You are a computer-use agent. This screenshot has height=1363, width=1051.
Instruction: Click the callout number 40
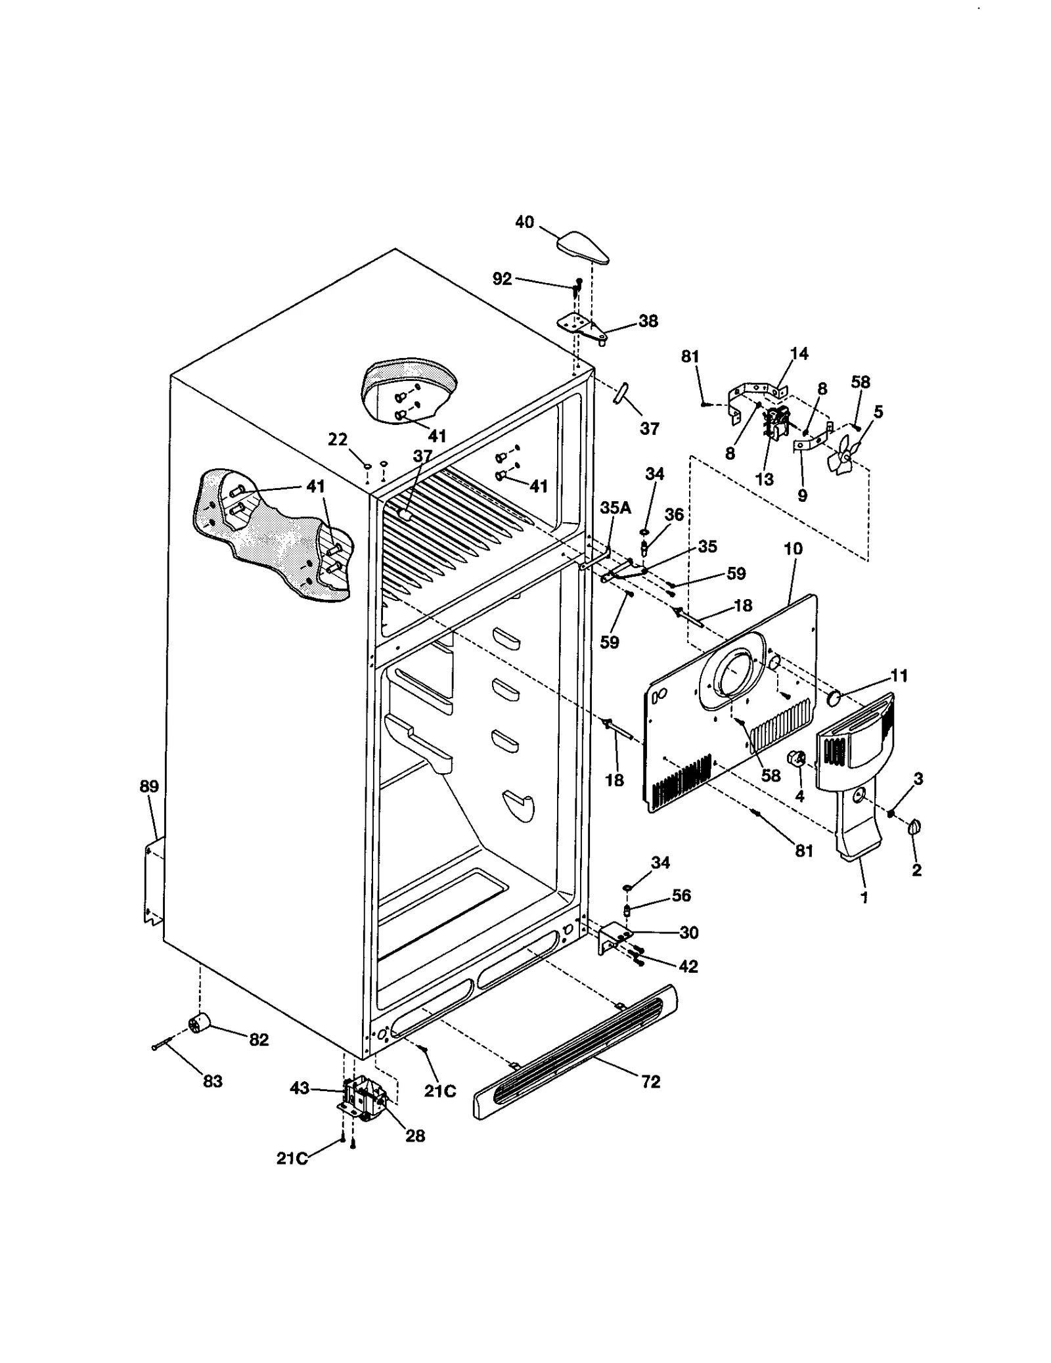click(524, 223)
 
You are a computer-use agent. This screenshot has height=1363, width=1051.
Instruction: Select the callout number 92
click(502, 279)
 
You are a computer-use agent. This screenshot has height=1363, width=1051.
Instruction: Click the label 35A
click(615, 508)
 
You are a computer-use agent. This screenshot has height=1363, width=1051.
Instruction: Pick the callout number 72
click(650, 1081)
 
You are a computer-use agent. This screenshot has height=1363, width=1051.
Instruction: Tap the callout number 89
click(149, 786)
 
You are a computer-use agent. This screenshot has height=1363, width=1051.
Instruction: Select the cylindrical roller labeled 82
click(198, 1023)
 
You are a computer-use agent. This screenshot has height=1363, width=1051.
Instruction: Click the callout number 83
click(212, 1081)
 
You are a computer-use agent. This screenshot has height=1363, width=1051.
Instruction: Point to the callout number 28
click(415, 1135)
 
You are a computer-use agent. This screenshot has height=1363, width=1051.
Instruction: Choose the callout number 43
click(300, 1088)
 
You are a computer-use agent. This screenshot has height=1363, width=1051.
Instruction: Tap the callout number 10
click(794, 548)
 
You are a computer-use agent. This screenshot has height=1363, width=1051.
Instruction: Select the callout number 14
click(799, 354)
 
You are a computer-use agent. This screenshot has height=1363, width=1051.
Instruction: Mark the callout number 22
click(338, 439)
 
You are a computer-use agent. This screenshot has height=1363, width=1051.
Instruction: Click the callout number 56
click(681, 895)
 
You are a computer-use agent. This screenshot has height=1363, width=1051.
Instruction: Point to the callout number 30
click(688, 932)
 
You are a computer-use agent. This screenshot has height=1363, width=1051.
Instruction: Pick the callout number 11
click(899, 675)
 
